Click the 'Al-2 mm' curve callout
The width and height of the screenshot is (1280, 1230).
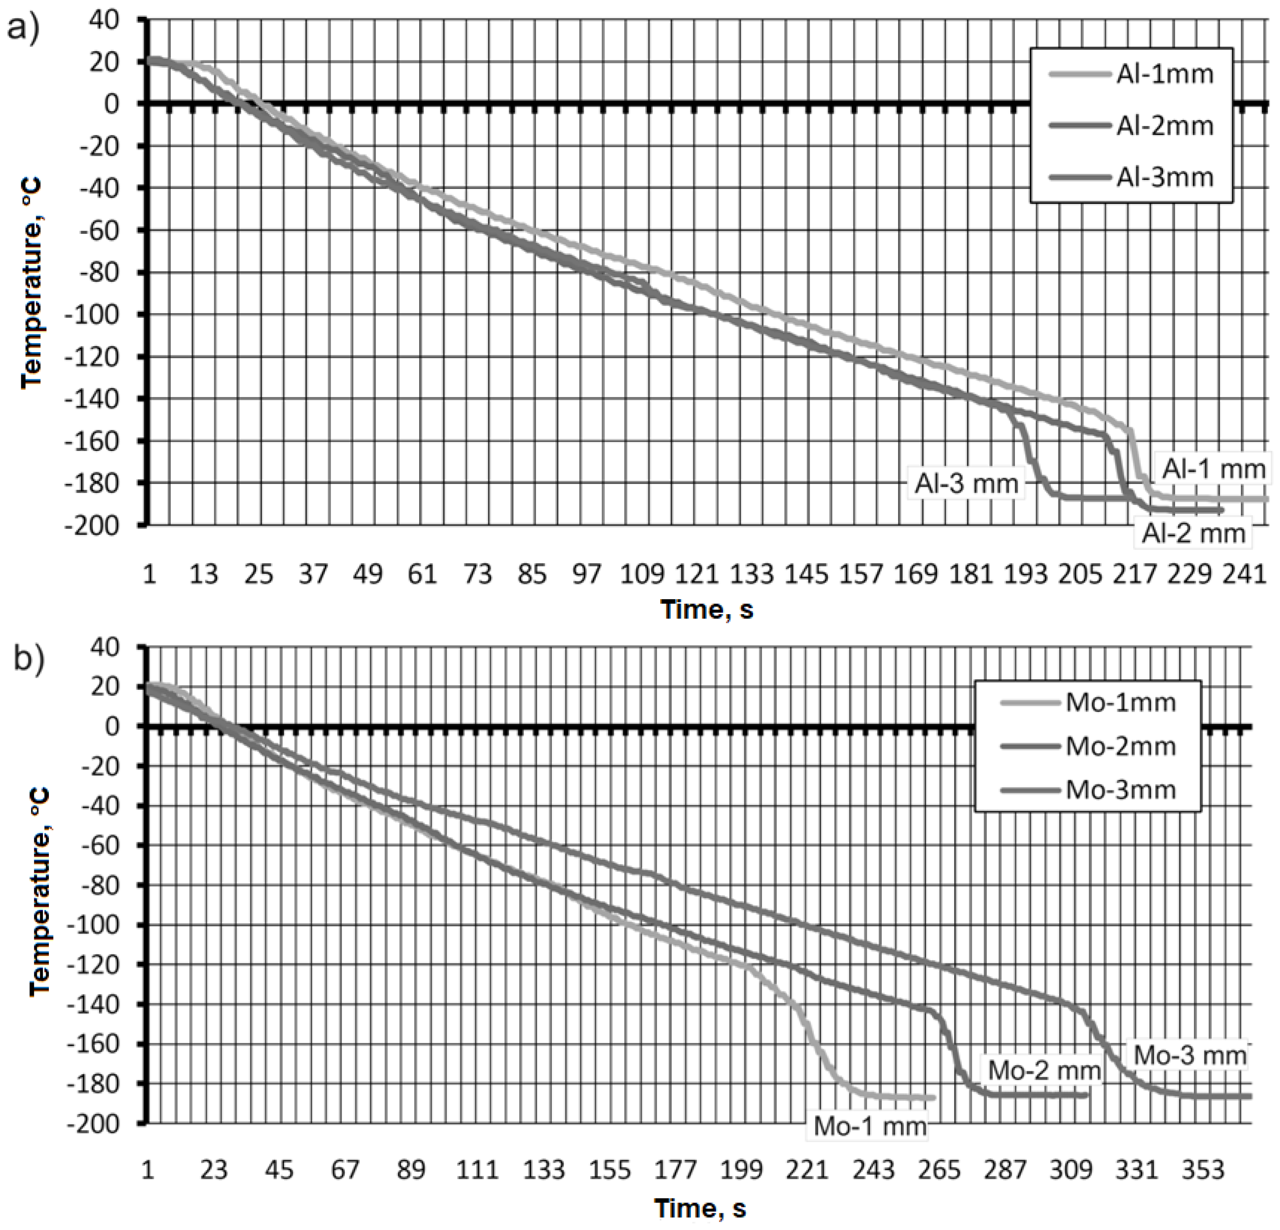click(1193, 534)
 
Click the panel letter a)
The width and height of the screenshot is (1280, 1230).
click(23, 29)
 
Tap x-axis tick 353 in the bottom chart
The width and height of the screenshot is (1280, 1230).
click(1202, 1169)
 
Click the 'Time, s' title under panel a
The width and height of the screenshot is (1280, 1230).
click(707, 610)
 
